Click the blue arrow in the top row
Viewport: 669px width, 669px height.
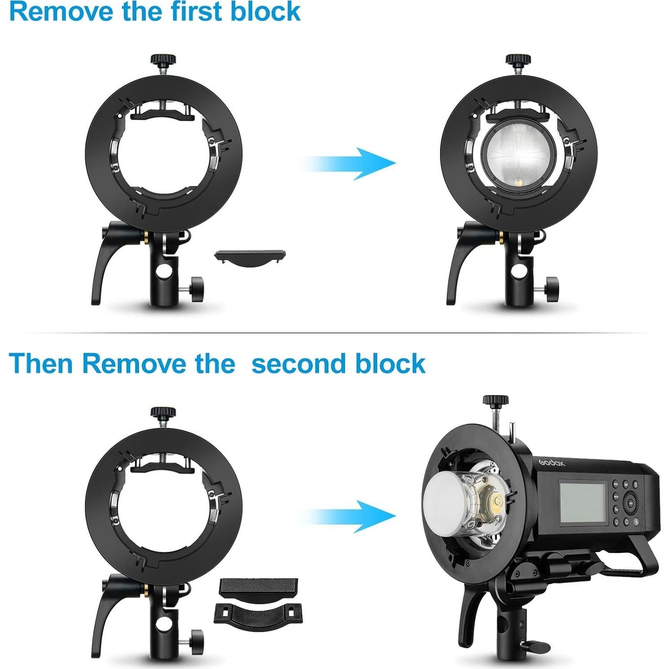click(348, 163)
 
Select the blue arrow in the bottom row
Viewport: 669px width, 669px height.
click(348, 516)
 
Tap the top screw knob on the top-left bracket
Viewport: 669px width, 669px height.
click(163, 60)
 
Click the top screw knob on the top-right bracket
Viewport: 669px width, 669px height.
click(518, 60)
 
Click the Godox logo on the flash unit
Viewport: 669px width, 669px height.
click(551, 463)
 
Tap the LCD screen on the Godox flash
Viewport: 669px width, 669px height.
click(582, 502)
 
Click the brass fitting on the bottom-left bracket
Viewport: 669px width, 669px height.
click(146, 588)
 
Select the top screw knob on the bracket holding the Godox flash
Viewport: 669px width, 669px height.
click(495, 401)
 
